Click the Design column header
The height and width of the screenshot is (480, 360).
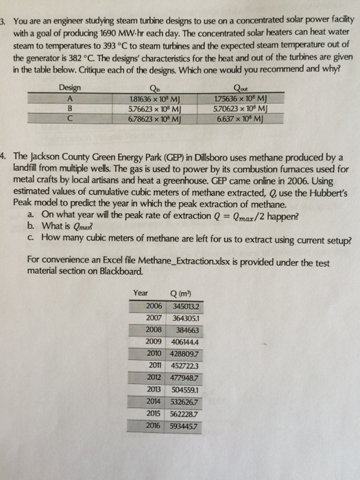tap(70, 88)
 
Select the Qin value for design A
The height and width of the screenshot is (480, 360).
tap(154, 99)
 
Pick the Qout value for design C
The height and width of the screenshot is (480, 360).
tap(240, 119)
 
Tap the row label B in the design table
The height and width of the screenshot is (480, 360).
tap(70, 108)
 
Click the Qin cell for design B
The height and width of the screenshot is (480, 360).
tap(154, 108)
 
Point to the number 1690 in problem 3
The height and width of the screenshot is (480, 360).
tap(108, 33)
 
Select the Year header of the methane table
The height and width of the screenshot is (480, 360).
tap(141, 293)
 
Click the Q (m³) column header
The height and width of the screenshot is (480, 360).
tap(180, 294)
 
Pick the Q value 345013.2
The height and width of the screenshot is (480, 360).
tap(186, 307)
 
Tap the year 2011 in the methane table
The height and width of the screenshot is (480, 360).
tap(155, 365)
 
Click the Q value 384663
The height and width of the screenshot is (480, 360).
tap(187, 331)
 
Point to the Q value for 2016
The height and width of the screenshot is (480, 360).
tap(184, 426)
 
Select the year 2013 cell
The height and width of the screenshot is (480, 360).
tap(154, 389)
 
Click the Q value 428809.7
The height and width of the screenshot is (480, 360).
tap(184, 355)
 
